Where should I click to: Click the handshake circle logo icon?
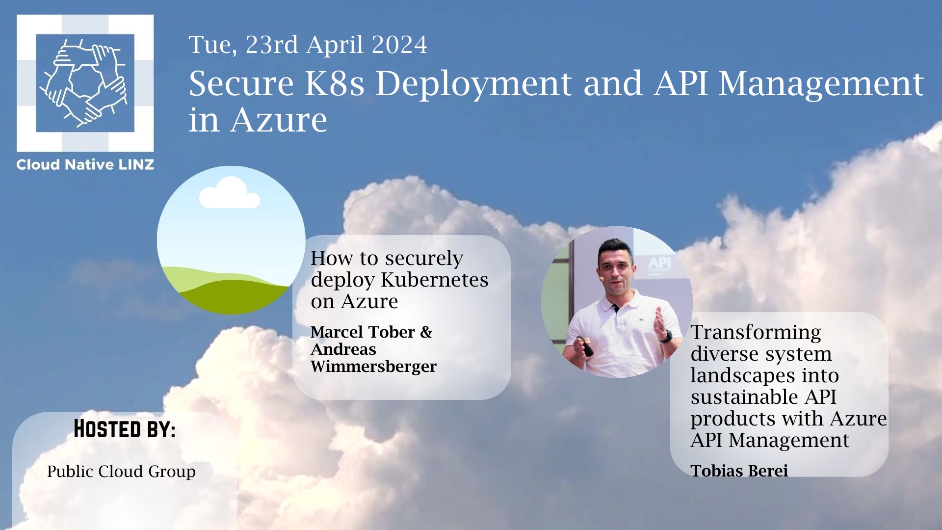coord(85,83)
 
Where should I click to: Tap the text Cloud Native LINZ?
coord(85,164)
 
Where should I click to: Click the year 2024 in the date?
coord(399,45)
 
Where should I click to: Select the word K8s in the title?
coord(335,83)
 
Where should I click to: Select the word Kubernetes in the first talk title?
coord(434,279)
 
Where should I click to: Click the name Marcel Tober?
coord(363,332)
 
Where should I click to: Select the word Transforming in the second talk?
coord(756,332)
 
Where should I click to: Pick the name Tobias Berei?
coord(739,471)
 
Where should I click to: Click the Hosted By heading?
coord(125,429)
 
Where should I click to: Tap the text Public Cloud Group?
coord(121,472)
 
